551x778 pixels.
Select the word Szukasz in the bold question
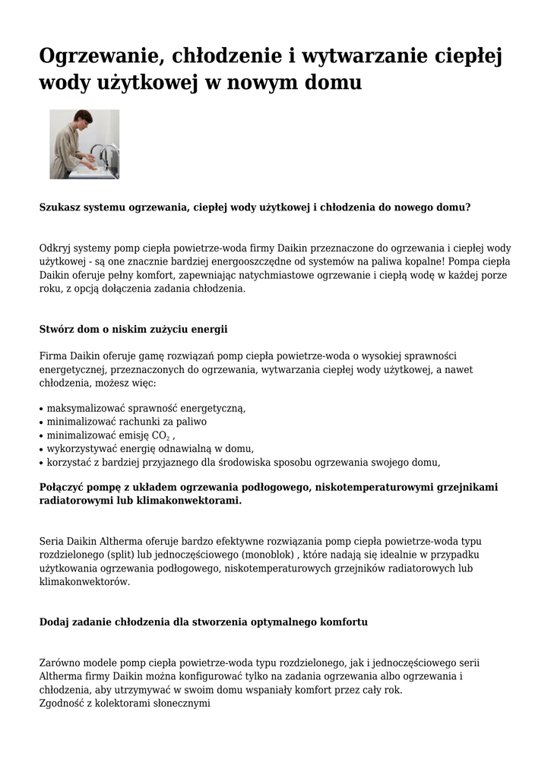point(60,207)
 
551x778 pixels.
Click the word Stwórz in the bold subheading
point(56,329)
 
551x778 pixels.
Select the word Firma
point(53,356)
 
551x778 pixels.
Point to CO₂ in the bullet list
point(161,435)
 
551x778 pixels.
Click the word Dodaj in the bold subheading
point(54,621)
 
